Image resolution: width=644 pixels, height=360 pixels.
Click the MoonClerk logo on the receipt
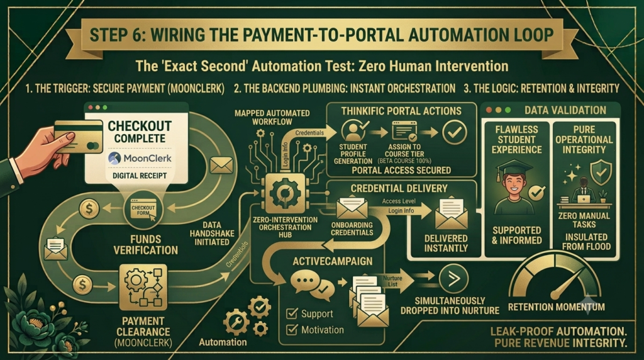coord(140,158)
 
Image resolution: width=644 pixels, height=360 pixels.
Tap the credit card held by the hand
coord(79,137)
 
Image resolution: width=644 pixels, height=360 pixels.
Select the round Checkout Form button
coord(143,210)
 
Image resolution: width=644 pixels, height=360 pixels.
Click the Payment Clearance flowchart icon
coord(143,287)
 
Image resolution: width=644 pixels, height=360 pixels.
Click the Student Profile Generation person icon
coord(353,130)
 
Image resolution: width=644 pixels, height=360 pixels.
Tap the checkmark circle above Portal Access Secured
coord(455,132)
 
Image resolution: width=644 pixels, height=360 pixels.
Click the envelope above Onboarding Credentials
coord(352,208)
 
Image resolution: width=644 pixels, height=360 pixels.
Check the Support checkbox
coord(292,313)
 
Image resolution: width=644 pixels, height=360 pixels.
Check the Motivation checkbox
coord(292,330)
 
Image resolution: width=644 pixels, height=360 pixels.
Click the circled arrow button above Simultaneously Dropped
coord(453,279)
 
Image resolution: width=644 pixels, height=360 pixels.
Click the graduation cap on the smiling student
coord(514,169)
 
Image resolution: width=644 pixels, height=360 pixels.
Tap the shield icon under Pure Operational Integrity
coord(601,172)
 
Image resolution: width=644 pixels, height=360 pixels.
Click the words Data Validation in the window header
coord(565,110)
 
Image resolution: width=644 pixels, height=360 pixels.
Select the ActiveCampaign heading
coord(333,261)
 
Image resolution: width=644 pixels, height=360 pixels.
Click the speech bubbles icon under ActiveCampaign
coord(312,284)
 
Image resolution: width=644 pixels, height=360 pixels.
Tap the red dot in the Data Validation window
coord(489,110)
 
